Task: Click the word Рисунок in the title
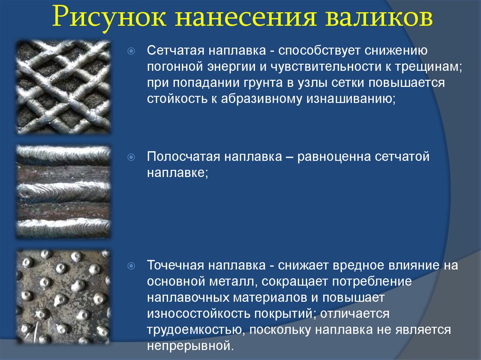point(109,17)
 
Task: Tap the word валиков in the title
point(379,17)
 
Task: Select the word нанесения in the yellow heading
point(246,17)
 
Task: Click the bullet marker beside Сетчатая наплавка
point(131,51)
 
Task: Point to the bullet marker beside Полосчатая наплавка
point(131,157)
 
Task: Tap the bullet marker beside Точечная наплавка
point(131,266)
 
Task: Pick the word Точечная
point(176,265)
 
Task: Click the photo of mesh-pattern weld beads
point(63,87)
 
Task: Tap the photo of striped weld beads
point(63,191)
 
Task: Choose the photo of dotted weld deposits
point(63,297)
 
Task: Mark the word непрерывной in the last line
point(190,345)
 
